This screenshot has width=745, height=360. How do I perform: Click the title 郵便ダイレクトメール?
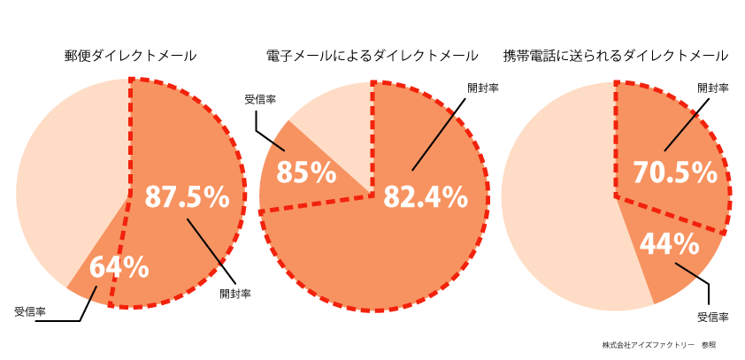click(130, 55)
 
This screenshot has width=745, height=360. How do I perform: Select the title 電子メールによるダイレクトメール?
click(372, 55)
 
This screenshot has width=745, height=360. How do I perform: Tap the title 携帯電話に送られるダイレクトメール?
click(615, 55)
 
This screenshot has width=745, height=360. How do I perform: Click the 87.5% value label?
click(187, 197)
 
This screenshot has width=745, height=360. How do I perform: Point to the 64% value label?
click(119, 265)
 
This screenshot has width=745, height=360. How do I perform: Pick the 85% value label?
click(305, 172)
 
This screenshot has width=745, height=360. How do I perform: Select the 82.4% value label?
click(425, 197)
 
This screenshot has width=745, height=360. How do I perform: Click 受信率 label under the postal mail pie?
click(31, 311)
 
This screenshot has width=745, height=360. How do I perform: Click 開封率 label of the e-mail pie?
click(483, 88)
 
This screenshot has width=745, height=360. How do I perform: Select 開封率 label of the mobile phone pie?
click(713, 88)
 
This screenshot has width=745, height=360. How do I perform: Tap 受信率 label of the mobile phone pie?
click(712, 316)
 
